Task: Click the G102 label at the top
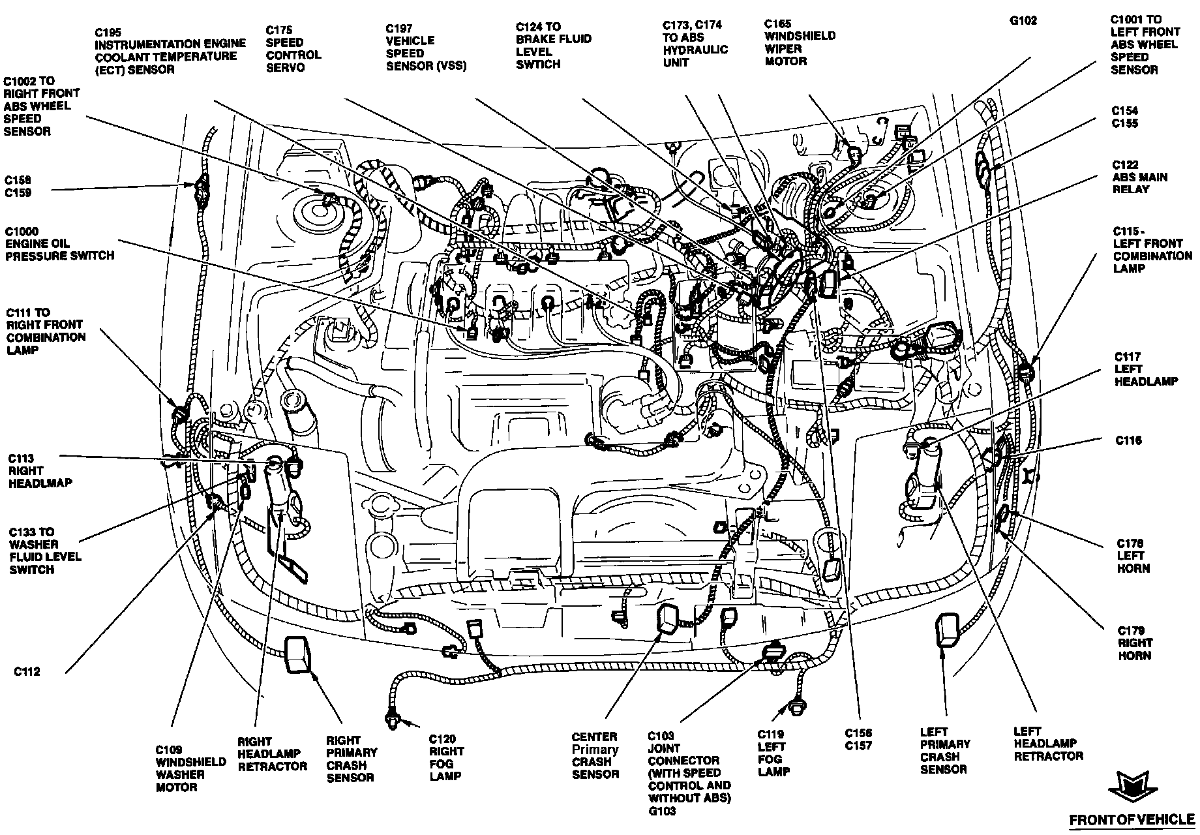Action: click(1023, 21)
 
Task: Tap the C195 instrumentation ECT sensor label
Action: click(170, 50)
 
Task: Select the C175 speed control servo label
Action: click(293, 49)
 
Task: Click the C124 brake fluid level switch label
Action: click(553, 46)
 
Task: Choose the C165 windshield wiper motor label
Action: click(799, 42)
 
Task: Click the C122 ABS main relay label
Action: click(1139, 177)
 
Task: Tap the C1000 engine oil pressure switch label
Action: click(59, 243)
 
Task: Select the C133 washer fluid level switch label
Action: click(45, 551)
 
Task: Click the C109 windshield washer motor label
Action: click(181, 768)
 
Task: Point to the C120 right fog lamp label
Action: click(446, 757)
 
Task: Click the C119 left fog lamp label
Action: click(773, 752)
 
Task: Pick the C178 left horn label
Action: click(1133, 555)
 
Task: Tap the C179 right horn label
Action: click(1135, 643)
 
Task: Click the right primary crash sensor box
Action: click(299, 654)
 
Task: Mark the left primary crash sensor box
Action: click(947, 631)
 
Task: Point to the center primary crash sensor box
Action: click(668, 618)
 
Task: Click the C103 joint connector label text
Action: click(689, 772)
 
